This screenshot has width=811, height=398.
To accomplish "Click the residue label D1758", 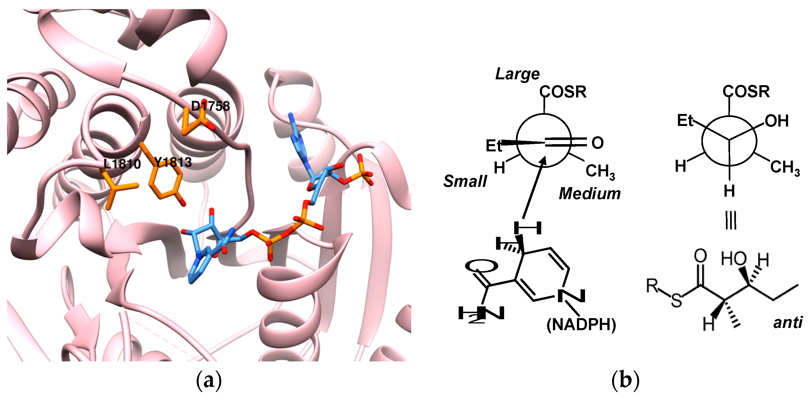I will click(210, 106).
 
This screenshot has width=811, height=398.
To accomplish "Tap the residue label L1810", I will click(122, 164).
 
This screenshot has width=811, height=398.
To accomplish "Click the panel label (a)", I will click(209, 381).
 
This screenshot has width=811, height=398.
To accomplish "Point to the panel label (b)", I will click(625, 381).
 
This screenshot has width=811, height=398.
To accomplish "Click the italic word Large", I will click(517, 74).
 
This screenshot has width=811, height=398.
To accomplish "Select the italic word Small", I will click(465, 181).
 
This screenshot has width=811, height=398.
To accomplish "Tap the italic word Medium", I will click(589, 194).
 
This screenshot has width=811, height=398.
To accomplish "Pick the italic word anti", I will click(788, 322).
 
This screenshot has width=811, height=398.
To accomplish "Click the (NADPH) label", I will click(581, 325).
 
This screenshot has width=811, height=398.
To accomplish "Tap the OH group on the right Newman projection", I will click(777, 121).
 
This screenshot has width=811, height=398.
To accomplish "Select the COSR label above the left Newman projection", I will click(563, 92).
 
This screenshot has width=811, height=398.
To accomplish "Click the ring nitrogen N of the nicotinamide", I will click(571, 296).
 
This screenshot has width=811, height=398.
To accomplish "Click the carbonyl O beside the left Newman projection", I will click(597, 143).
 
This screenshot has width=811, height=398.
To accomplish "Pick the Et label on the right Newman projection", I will click(685, 121).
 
